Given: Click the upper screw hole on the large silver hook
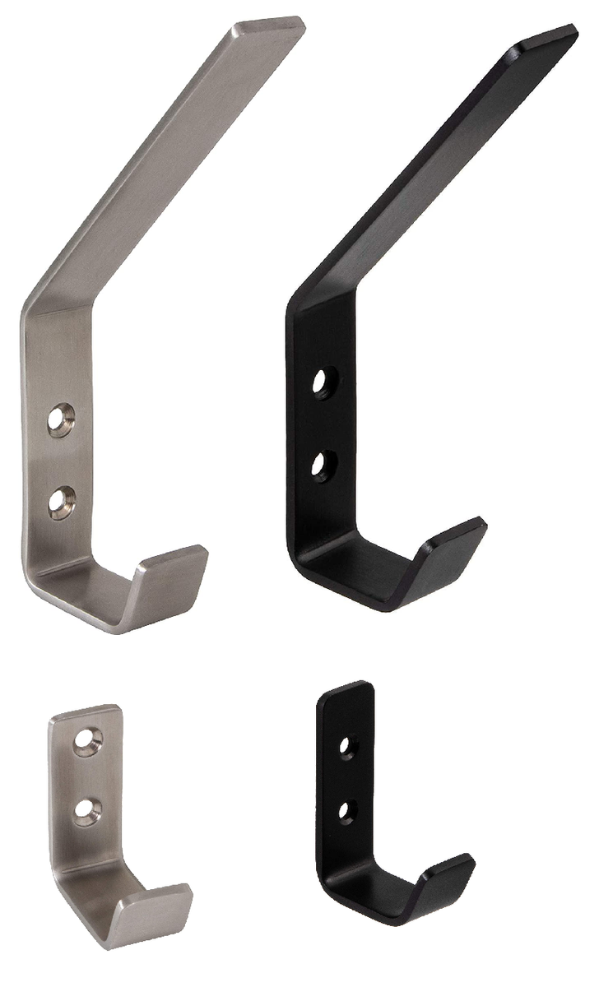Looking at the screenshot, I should coord(59,418).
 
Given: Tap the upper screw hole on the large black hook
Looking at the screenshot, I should coord(320,382).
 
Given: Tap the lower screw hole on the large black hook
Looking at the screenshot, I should coord(320,462).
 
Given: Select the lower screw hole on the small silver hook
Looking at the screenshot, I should coord(84,811).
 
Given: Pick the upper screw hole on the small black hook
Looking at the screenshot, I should coord(347,746).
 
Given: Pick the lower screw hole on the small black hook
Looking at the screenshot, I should coord(347,810).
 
